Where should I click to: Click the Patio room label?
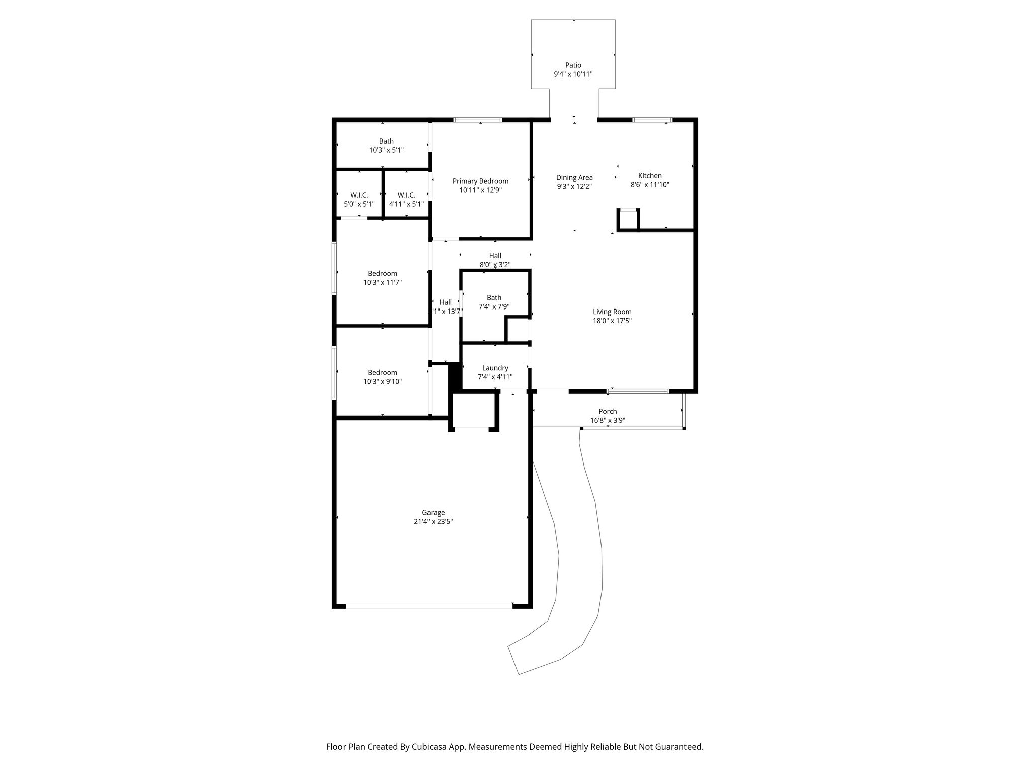click(573, 65)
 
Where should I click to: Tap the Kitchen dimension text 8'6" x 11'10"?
click(650, 185)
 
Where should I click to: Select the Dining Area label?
click(574, 177)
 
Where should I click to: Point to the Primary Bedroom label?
click(480, 181)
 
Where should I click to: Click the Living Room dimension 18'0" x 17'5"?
click(612, 321)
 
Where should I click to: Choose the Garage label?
click(433, 513)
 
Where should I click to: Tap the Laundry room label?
click(495, 368)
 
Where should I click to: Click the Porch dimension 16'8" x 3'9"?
click(608, 420)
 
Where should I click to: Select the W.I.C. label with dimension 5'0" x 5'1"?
click(359, 195)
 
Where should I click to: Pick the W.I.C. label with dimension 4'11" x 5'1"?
click(406, 195)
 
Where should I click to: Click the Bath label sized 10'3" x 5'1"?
click(386, 141)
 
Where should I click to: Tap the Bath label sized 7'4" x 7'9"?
click(494, 297)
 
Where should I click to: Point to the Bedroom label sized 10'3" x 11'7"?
click(382, 274)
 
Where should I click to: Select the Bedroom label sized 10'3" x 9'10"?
click(382, 373)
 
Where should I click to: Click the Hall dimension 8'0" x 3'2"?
click(495, 265)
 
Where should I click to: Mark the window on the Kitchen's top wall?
click(652, 120)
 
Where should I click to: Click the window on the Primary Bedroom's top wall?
click(478, 120)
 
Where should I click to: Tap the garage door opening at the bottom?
click(429, 606)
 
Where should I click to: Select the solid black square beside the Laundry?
click(455, 376)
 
